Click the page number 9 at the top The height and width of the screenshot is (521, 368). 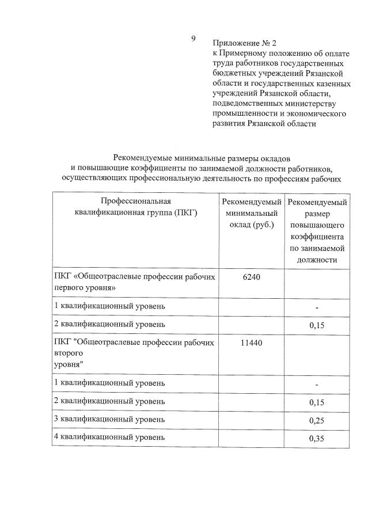[x=194, y=39]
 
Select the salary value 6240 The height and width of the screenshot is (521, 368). [x=252, y=277]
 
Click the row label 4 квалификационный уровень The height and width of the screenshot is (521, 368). [x=109, y=437]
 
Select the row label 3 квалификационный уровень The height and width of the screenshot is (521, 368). [x=109, y=419]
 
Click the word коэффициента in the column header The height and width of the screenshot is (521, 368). [x=317, y=237]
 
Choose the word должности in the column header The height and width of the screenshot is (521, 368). [x=317, y=260]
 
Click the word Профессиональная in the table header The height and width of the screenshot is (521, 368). [x=136, y=201]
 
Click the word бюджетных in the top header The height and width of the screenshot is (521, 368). [x=232, y=74]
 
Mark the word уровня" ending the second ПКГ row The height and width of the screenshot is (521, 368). [x=69, y=364]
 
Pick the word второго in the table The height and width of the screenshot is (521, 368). [x=69, y=353]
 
